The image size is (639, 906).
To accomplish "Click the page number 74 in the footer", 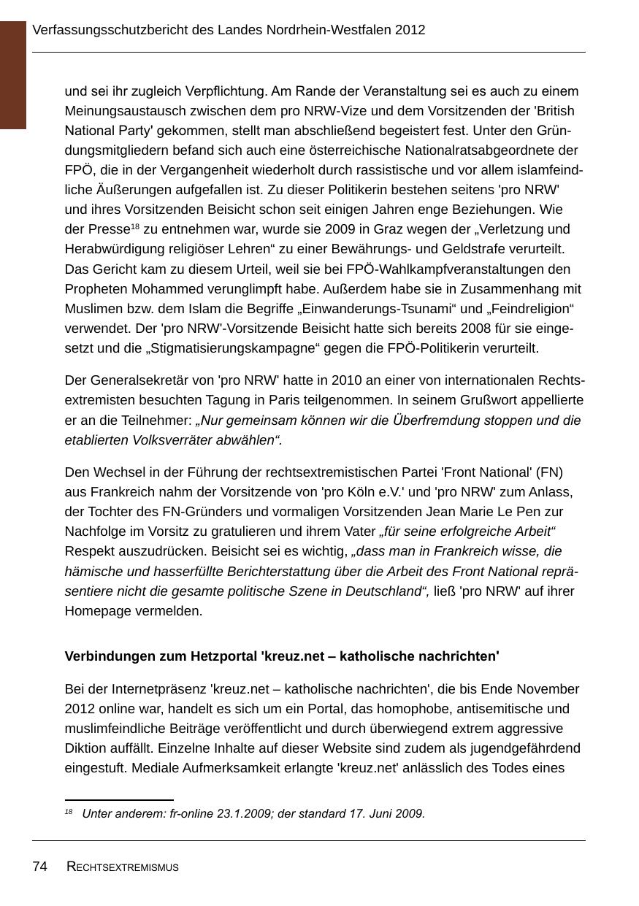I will pyautogui.click(x=39, y=867).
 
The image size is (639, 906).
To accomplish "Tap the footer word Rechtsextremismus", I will pyautogui.click(x=123, y=867).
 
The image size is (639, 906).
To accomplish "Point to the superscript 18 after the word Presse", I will pyautogui.click(x=135, y=226).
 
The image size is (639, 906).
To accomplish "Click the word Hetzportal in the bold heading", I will pyautogui.click(x=223, y=656).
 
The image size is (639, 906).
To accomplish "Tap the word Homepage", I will pyautogui.click(x=97, y=610).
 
